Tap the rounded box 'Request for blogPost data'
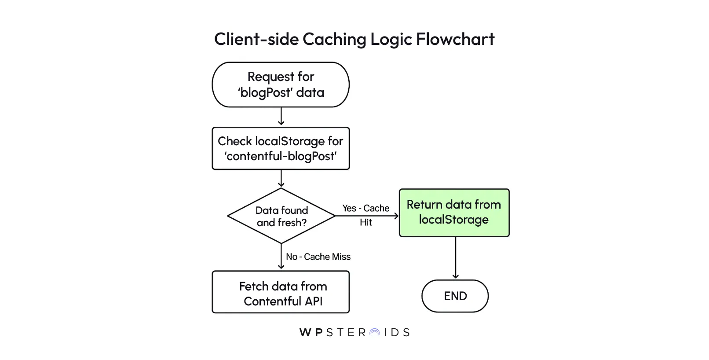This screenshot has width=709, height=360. pos(281,84)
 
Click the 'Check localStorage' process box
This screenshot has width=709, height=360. pos(281,148)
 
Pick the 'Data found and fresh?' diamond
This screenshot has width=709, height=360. pos(281,216)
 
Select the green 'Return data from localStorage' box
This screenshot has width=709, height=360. pos(454,213)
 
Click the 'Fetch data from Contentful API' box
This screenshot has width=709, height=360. pos(281,292)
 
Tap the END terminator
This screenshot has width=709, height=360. pos(455,296)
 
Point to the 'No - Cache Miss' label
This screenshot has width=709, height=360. pos(318,257)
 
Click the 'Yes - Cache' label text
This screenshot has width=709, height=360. pos(365,208)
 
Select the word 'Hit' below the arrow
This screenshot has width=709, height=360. pos(365,223)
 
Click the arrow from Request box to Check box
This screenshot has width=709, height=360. pos(281,117)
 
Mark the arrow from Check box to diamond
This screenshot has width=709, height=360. pos(281,178)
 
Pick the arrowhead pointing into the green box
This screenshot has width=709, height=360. pos(396,216)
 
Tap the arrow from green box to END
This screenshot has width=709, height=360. pos(456,257)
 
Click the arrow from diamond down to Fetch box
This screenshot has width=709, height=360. pos(281,257)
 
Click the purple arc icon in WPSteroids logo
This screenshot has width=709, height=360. pos(374,333)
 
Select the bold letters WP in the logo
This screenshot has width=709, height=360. pos(311,333)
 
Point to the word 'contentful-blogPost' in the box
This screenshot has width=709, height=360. pos(281,156)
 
